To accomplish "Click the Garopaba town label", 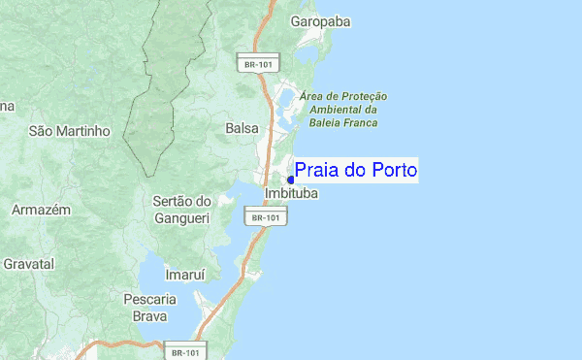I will [x=320, y=20].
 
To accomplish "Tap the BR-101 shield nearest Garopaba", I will [x=258, y=64].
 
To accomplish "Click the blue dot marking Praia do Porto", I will [x=291, y=180].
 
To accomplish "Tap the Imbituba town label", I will [x=291, y=194].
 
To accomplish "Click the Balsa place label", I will [x=242, y=128].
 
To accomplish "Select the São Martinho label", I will [x=70, y=130].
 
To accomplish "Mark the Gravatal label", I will [x=28, y=263].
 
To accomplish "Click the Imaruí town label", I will [x=186, y=276].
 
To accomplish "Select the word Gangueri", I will [x=182, y=217].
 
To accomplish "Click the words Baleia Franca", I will [x=339, y=123].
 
